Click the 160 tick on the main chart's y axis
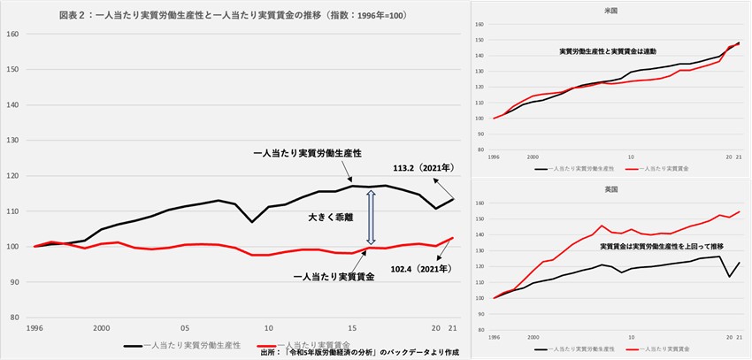(x=12, y=34)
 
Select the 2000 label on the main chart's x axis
(x=102, y=326)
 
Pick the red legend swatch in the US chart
(x=634, y=166)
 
